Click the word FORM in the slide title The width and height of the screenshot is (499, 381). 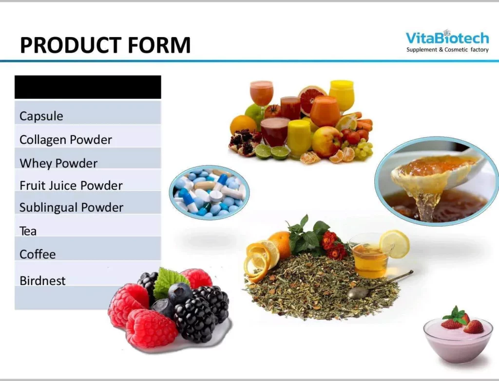[x=159, y=45]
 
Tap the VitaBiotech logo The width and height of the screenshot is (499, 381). [x=447, y=41]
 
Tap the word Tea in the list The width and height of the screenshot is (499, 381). [x=28, y=231]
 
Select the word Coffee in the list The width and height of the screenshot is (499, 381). [x=38, y=254]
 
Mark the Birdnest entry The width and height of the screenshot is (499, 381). [x=42, y=281]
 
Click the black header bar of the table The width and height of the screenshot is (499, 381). [x=88, y=87]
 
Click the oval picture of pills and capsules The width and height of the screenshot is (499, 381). [x=210, y=192]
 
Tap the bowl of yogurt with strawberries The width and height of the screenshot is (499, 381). [x=458, y=335]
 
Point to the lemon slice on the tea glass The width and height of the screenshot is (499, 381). [x=395, y=244]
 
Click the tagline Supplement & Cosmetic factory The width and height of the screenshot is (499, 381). [x=447, y=50]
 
